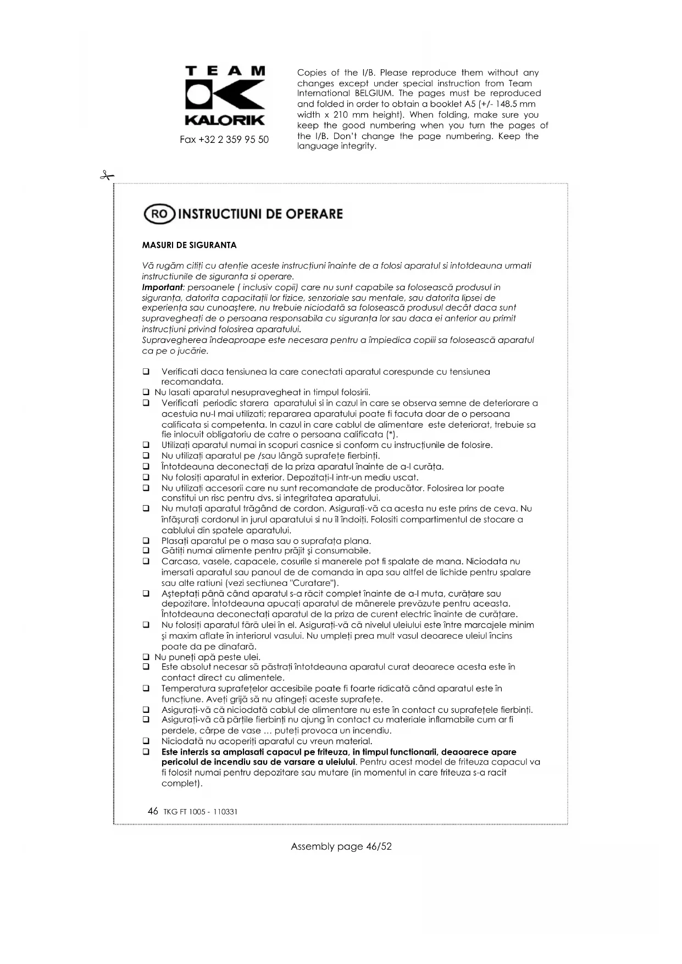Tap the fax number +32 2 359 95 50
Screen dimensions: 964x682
click(x=224, y=140)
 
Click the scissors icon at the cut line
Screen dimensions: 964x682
click(x=107, y=176)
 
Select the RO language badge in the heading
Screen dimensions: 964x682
click(x=159, y=214)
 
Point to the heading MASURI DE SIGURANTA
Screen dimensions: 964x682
click(x=189, y=245)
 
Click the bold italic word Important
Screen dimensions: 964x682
click(x=162, y=287)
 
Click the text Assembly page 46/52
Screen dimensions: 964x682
click(x=341, y=846)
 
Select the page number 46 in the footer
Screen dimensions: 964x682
click(x=153, y=811)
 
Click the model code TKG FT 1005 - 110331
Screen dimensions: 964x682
click(x=201, y=812)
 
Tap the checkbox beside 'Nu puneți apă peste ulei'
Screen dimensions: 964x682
click(x=146, y=657)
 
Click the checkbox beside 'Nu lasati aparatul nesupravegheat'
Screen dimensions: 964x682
click(x=146, y=392)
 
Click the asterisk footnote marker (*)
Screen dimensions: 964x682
click(x=391, y=435)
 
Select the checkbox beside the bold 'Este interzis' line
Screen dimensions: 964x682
click(x=146, y=752)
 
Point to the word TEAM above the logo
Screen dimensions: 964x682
click(x=225, y=71)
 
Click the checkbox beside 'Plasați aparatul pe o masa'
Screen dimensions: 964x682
click(x=146, y=541)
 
